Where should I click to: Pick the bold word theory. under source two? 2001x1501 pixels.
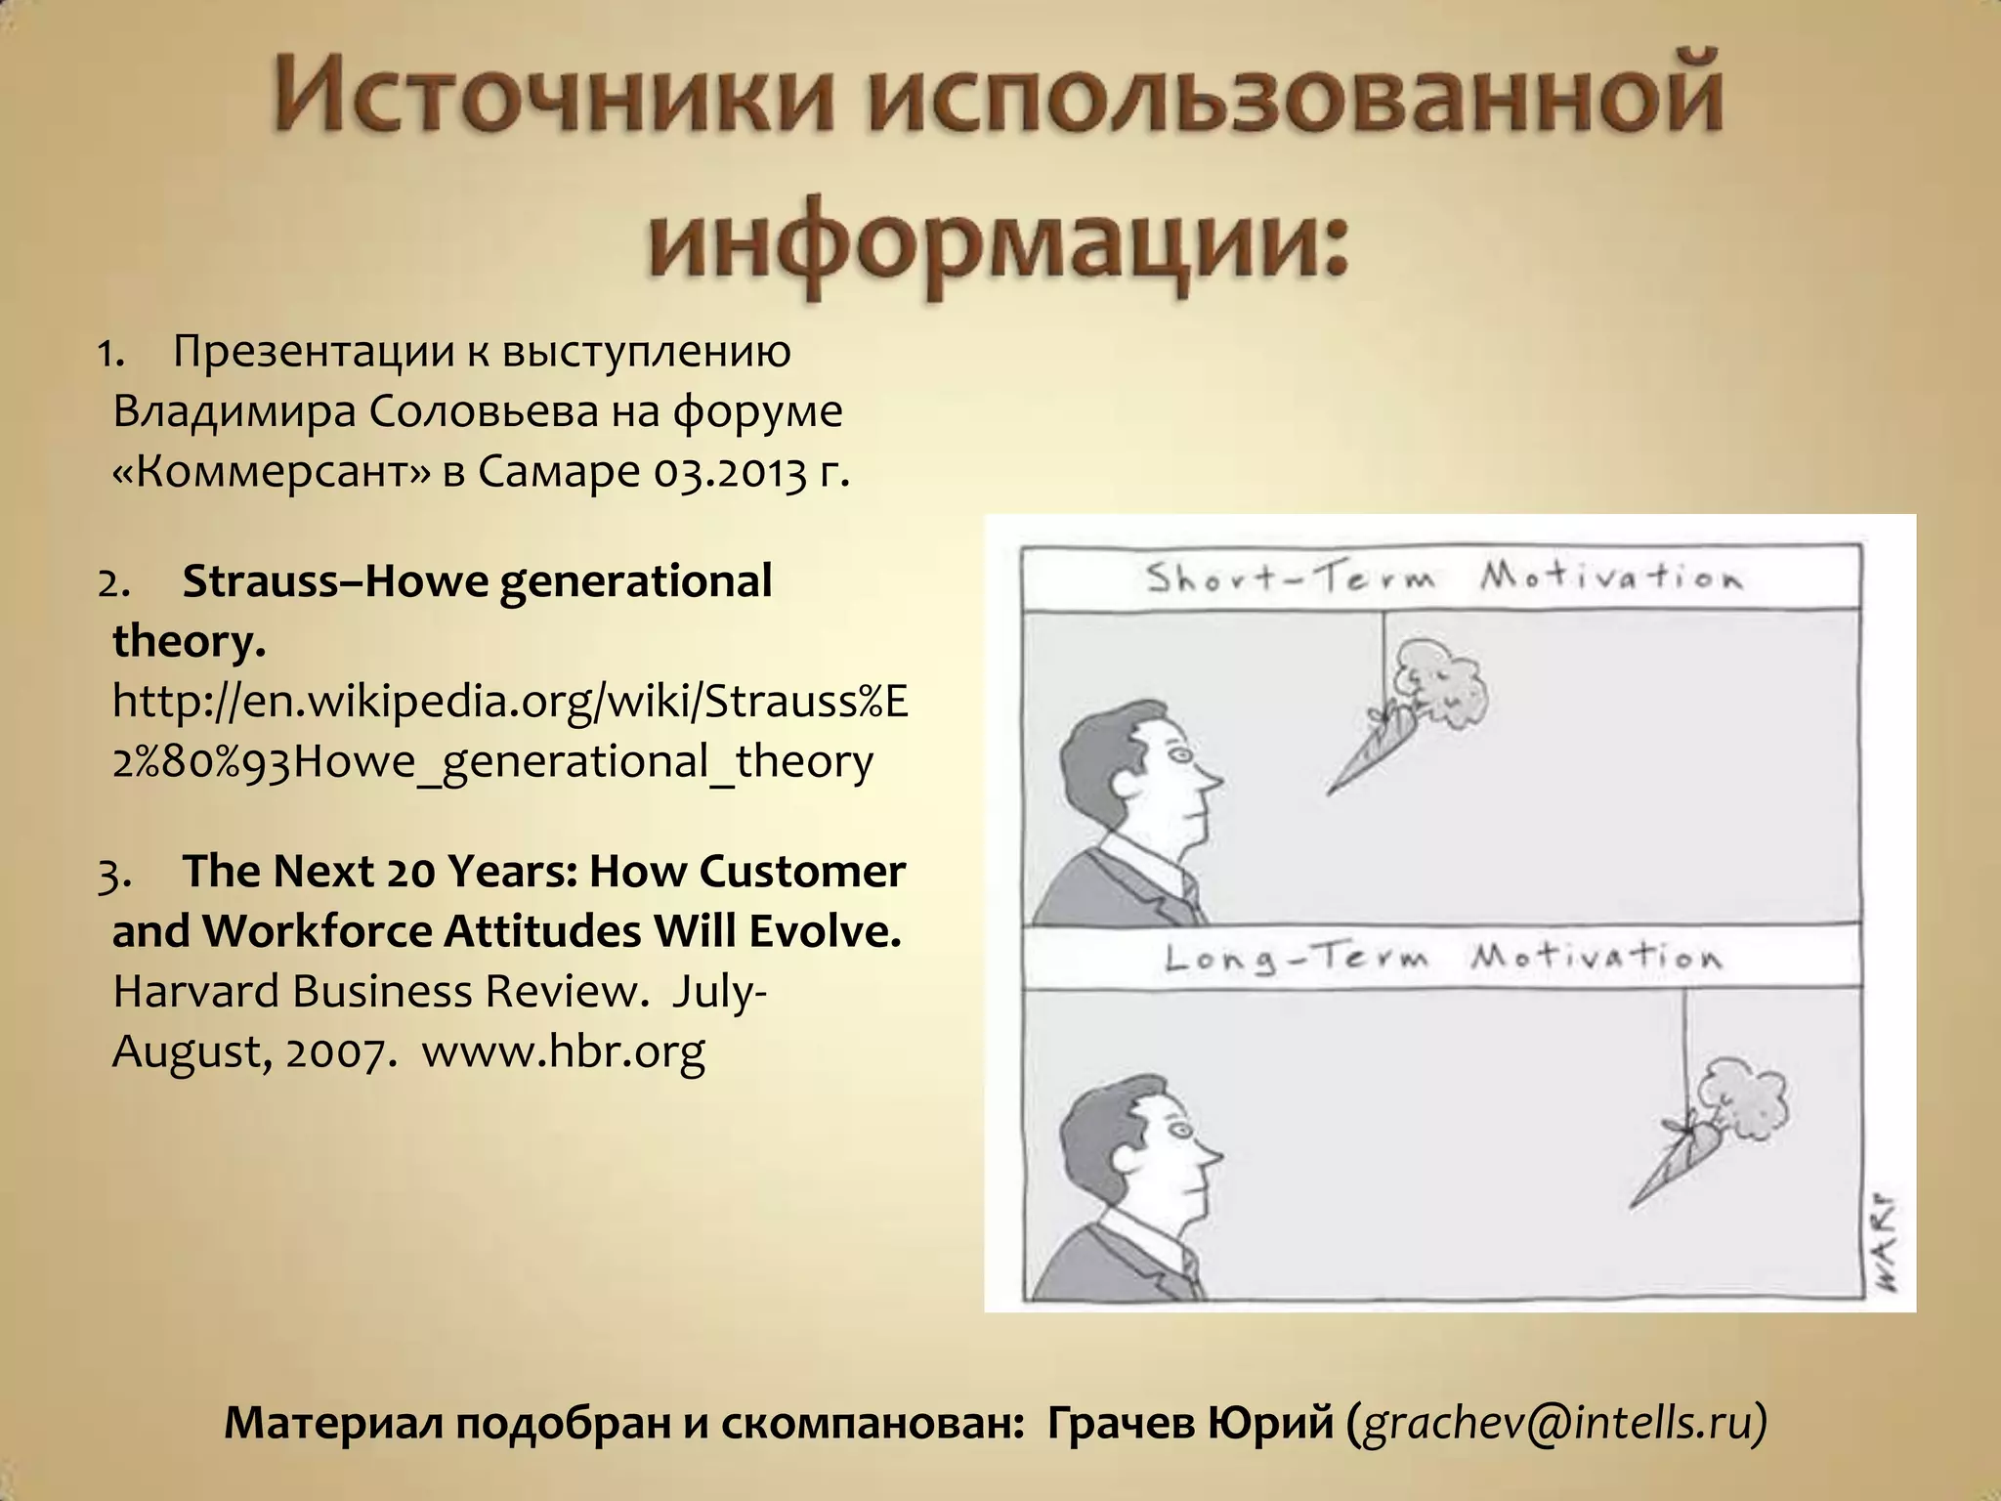(x=189, y=642)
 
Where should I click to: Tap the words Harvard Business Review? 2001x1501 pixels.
(x=381, y=991)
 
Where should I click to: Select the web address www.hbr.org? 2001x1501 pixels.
(x=563, y=1051)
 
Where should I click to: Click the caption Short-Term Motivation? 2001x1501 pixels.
(x=1442, y=578)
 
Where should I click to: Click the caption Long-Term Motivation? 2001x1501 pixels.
(x=1442, y=957)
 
